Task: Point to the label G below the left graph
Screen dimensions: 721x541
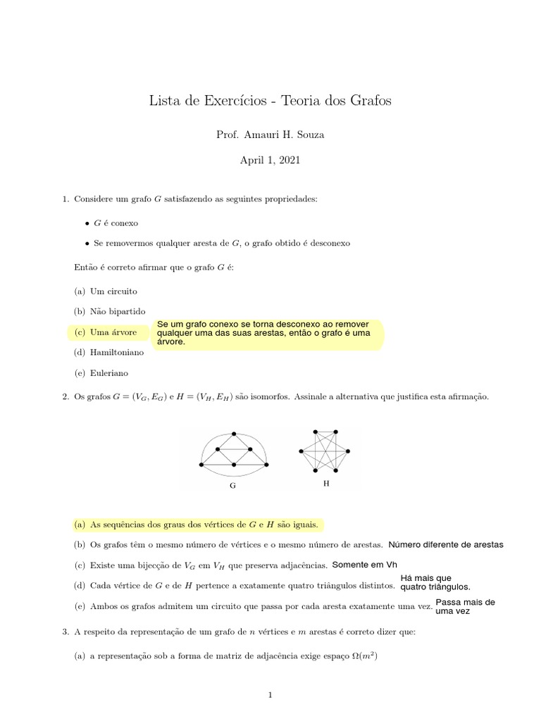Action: point(232,486)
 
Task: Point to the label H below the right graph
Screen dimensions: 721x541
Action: point(325,484)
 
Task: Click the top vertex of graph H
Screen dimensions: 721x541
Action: point(316,432)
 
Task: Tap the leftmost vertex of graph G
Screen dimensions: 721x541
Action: point(202,465)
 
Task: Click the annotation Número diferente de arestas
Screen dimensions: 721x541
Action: point(446,545)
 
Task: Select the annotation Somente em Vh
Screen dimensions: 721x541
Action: point(364,565)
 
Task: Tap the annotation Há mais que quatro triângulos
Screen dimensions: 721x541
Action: point(435,583)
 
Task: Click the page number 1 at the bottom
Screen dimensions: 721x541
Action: point(270,695)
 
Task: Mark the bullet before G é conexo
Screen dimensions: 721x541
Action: point(87,222)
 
